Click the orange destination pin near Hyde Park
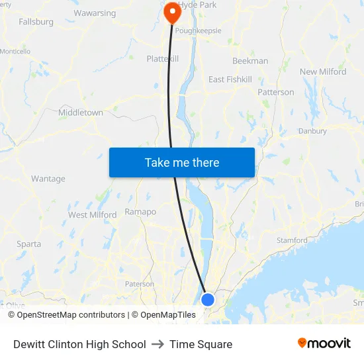pos(172,11)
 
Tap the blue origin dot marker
pos(208,299)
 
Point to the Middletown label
pos(81,113)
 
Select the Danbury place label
pos(312,131)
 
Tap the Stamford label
pos(292,240)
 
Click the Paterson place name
pos(140,284)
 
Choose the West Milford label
pos(92,214)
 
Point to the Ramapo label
pos(140,212)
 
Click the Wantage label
pos(48,179)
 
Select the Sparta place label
pos(29,244)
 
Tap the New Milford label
pos(323,71)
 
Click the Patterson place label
pos(275,92)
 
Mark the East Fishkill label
pos(230,79)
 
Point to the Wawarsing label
pos(95,13)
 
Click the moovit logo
pos(324,343)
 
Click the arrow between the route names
pos(158,344)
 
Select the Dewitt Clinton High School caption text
pos(79,344)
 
